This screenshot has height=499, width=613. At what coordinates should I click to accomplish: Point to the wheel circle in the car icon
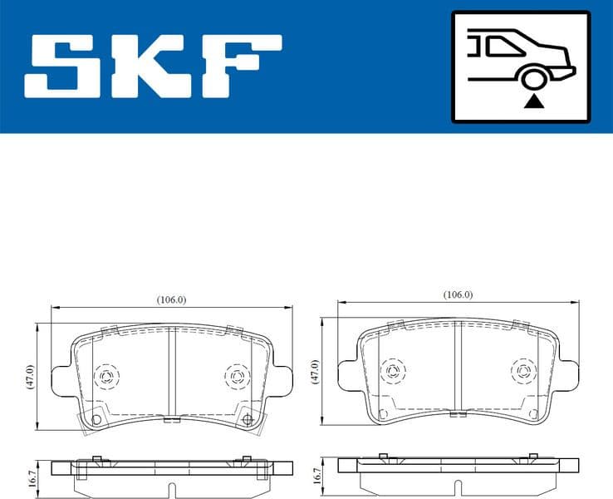pos(533,79)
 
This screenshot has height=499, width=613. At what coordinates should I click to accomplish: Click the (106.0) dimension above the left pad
pos(171,299)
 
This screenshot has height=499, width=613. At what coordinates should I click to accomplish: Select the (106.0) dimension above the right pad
pos(458,294)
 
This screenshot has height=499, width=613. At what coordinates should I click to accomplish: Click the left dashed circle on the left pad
pos(106,378)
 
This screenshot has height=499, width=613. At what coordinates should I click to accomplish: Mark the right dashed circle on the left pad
pos(237,377)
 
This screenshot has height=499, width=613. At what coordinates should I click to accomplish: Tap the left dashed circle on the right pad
pos(392,369)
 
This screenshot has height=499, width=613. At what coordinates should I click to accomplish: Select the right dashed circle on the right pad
pos(523,368)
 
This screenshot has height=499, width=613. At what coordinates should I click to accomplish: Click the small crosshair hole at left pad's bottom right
pos(247,418)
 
